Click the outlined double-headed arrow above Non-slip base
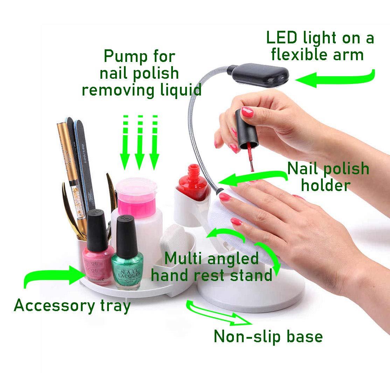219,313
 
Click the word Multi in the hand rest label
184,259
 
